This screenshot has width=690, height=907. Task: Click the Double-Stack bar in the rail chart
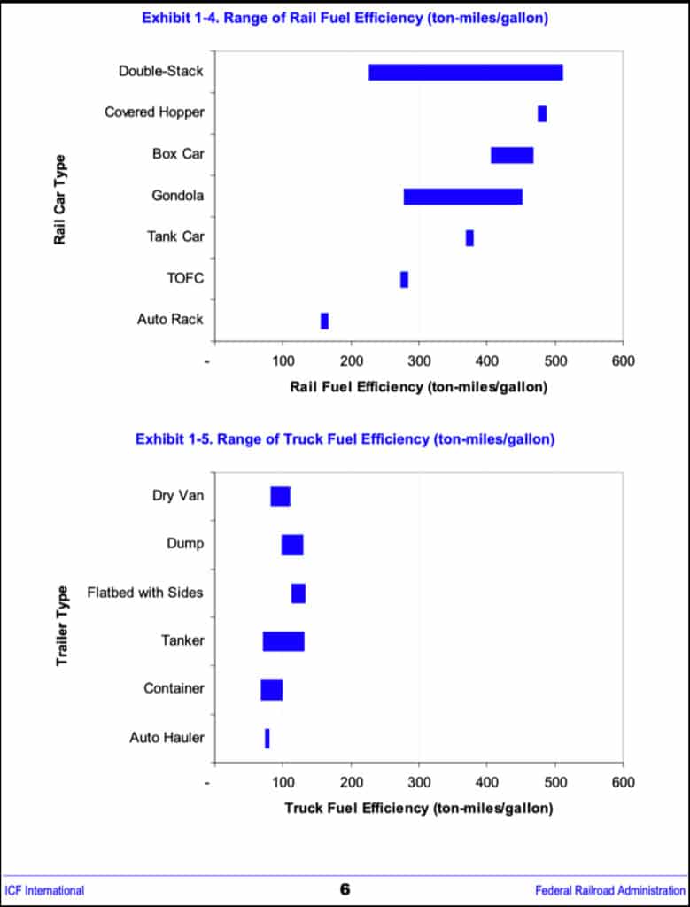pyautogui.click(x=465, y=73)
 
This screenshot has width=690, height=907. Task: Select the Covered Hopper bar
pyautogui.click(x=542, y=113)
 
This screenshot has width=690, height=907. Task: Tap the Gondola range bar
pyautogui.click(x=462, y=197)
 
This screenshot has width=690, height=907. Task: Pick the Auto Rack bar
pyautogui.click(x=324, y=321)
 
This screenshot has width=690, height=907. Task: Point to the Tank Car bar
pyautogui.click(x=469, y=238)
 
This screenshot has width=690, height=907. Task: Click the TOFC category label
pyautogui.click(x=185, y=278)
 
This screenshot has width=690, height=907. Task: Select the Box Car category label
pyautogui.click(x=178, y=154)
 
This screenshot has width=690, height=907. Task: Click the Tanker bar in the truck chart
pyautogui.click(x=283, y=641)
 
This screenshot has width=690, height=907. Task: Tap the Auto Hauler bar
pyautogui.click(x=267, y=738)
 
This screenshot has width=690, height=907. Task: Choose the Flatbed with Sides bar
pyautogui.click(x=298, y=593)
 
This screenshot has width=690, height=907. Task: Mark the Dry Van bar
pyautogui.click(x=280, y=496)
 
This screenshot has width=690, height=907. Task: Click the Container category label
pyautogui.click(x=174, y=688)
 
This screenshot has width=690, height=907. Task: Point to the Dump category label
pyautogui.click(x=184, y=543)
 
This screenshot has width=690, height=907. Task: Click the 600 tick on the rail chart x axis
pyautogui.click(x=623, y=360)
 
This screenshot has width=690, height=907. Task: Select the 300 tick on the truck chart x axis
pyautogui.click(x=419, y=783)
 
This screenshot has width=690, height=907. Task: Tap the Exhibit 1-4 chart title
pyautogui.click(x=344, y=18)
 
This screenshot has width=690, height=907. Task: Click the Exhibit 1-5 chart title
pyautogui.click(x=345, y=439)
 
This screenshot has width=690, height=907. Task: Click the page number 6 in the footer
pyautogui.click(x=345, y=889)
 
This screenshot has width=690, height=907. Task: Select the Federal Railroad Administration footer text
pyautogui.click(x=610, y=890)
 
